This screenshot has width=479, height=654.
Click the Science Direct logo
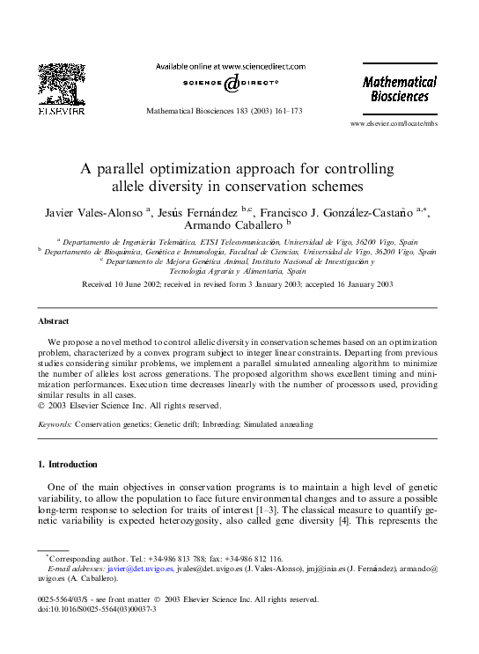point(231,83)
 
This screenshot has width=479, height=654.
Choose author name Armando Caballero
point(227,226)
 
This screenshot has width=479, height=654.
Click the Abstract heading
point(53,321)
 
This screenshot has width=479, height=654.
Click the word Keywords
point(55,424)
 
